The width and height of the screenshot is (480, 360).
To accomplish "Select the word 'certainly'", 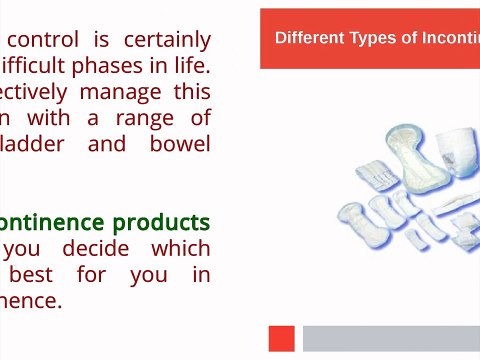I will point(167,40).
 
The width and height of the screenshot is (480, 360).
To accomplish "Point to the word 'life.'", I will point(187,66).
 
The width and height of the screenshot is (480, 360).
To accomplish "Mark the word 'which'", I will point(181,248).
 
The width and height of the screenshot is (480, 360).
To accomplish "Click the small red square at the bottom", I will point(282,338).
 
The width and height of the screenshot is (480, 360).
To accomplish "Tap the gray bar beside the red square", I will point(391,338).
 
